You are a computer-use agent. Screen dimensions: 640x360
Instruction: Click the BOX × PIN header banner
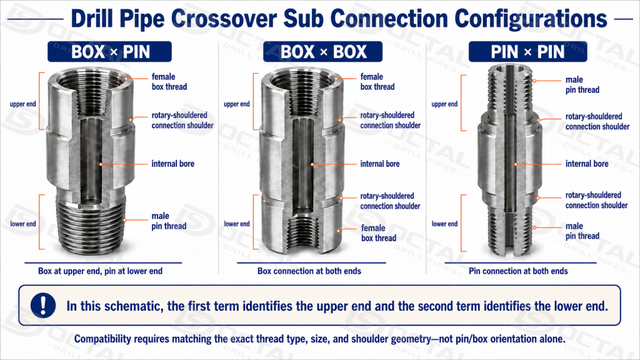click(x=109, y=52)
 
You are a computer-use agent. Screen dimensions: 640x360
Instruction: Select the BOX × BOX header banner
click(x=322, y=52)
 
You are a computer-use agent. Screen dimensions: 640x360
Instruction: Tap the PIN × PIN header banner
click(x=527, y=52)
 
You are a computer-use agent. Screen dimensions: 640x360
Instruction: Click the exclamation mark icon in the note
click(x=43, y=305)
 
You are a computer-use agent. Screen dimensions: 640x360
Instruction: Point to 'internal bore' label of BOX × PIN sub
click(x=172, y=164)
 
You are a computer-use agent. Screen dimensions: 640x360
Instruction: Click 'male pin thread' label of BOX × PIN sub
click(x=169, y=221)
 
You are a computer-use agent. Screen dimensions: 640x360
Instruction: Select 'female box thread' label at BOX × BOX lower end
click(x=378, y=233)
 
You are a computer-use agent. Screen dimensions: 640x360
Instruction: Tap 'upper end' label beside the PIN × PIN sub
click(x=444, y=104)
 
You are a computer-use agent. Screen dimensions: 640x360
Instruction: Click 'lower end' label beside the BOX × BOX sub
click(x=237, y=224)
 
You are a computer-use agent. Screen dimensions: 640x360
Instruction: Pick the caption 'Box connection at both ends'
click(x=309, y=271)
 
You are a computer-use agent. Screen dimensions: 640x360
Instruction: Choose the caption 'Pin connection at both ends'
click(x=518, y=271)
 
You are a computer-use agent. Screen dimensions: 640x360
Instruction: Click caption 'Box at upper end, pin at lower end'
click(x=101, y=271)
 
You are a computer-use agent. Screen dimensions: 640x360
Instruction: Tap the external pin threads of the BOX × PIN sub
click(x=91, y=222)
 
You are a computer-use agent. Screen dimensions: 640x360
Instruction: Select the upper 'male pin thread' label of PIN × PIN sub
click(x=582, y=85)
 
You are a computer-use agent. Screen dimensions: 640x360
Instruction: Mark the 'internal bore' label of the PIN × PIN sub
click(x=586, y=164)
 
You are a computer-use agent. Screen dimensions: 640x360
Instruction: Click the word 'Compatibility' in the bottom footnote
click(x=103, y=339)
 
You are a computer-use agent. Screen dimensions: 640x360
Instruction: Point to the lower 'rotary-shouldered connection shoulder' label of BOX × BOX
click(x=390, y=201)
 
